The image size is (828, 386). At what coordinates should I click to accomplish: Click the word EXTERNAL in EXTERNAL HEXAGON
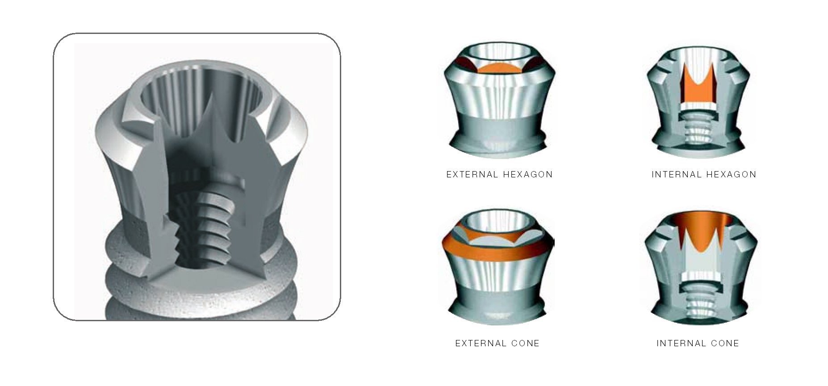tap(472, 175)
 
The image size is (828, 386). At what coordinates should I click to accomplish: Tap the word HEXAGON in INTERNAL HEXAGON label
tap(732, 175)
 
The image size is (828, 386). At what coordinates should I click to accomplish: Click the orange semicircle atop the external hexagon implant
tap(497, 68)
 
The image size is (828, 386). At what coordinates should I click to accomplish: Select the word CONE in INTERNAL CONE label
tap(725, 344)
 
